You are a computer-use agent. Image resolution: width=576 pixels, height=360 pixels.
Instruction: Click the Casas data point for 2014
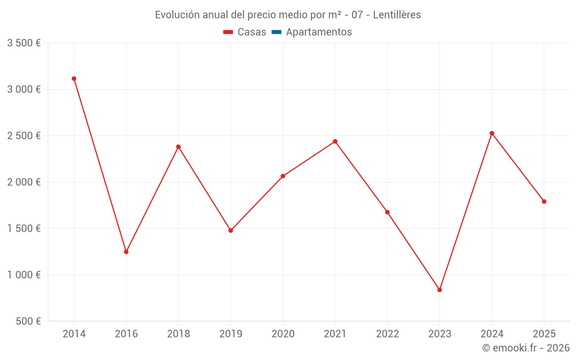point(74,79)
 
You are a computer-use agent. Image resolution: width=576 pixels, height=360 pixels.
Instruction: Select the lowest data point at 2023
point(439,290)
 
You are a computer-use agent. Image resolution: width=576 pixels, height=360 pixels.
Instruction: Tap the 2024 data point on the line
point(492,133)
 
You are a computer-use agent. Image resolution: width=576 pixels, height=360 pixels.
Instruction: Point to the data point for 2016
point(126,252)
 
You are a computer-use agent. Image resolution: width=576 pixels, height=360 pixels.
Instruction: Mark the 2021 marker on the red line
point(335,142)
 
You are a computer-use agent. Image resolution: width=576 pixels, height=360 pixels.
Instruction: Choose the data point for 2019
point(230,230)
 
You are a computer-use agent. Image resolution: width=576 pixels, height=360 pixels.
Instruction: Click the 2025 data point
point(544,202)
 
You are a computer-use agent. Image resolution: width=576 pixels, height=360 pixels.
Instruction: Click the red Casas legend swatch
point(228,32)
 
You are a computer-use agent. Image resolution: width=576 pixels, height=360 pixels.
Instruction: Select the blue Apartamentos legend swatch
point(276,32)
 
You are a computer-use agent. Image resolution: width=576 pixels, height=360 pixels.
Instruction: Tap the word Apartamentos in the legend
point(319,32)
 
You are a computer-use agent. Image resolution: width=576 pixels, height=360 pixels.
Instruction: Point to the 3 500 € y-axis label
point(24,43)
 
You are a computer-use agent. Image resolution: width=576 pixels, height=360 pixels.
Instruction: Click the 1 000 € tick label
point(24,275)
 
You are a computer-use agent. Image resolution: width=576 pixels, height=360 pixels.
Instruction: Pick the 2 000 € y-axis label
point(24,182)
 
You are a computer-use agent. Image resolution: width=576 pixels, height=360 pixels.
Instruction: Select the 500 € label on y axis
point(27,321)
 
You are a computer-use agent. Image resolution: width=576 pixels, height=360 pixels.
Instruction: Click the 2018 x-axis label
point(179,334)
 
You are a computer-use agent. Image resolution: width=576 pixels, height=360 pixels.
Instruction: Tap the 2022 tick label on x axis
point(387,334)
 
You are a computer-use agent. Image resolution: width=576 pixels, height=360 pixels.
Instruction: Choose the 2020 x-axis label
point(283,334)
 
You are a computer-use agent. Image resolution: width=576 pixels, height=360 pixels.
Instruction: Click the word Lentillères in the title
point(397,15)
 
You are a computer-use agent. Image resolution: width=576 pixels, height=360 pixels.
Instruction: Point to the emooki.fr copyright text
point(525,348)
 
